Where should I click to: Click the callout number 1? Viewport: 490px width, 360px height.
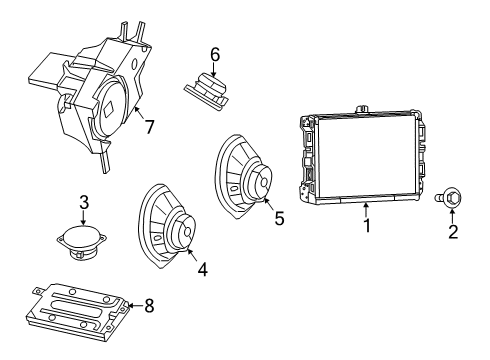tap(367, 226)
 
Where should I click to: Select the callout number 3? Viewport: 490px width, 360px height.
tap(84, 203)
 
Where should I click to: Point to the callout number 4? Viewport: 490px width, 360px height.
tap(204, 268)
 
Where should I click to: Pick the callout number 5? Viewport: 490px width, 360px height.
tap(280, 217)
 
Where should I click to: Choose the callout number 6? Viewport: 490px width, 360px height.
tap(214, 53)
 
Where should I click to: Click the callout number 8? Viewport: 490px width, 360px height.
tap(149, 306)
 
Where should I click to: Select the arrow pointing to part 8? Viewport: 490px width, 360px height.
tap(132, 305)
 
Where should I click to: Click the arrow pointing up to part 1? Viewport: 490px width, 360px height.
tap(367, 208)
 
